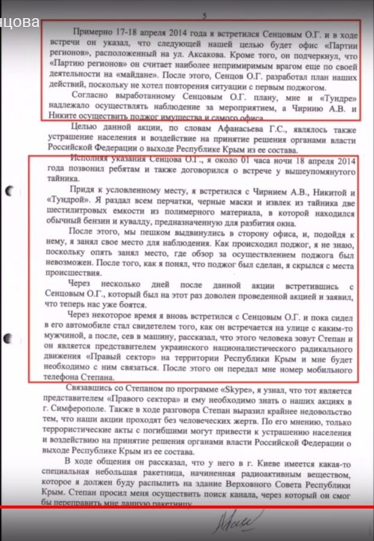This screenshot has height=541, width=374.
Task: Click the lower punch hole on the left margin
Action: coord(9,338)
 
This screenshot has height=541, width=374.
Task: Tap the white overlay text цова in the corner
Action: coord(20,23)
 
